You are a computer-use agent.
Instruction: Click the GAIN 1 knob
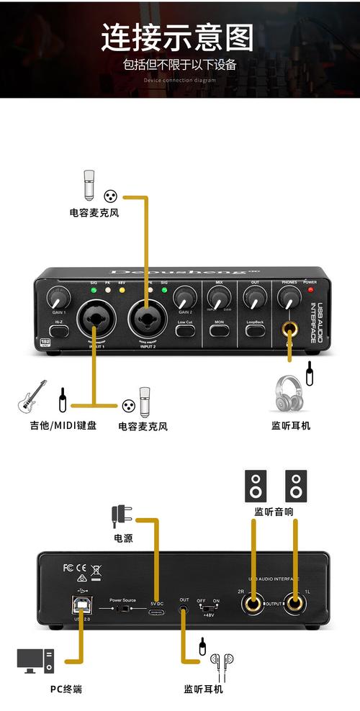(58, 296)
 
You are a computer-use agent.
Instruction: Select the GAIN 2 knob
(185, 296)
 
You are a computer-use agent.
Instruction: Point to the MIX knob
(219, 296)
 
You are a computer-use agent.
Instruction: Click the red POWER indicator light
(311, 289)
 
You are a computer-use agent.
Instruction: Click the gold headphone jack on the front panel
(291, 331)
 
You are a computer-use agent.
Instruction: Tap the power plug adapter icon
(121, 514)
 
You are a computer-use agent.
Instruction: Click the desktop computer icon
(35, 659)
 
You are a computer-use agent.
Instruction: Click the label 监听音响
(274, 512)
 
